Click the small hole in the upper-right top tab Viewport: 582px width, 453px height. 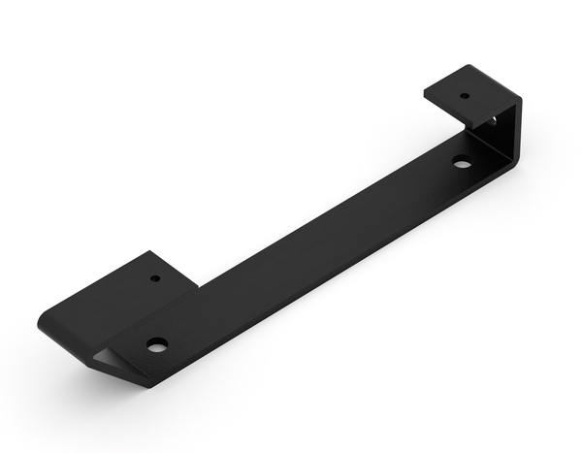[x=464, y=96]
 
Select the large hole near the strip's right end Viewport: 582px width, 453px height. [x=463, y=162]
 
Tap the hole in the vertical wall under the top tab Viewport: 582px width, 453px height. [x=494, y=121]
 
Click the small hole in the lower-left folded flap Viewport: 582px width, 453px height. [x=155, y=278]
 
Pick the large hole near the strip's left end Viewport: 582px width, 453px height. [x=156, y=343]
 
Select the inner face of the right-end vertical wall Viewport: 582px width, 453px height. [x=500, y=136]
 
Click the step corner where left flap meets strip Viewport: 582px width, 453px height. [x=198, y=286]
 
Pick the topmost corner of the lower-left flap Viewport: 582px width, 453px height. [x=151, y=252]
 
